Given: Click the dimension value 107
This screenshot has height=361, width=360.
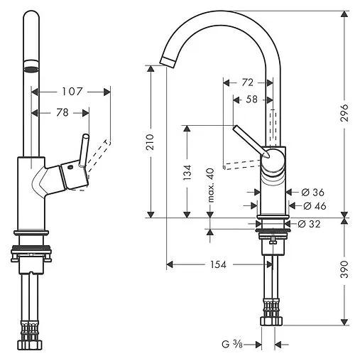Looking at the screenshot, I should (x=73, y=91).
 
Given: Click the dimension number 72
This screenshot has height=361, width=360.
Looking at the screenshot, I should (x=246, y=82).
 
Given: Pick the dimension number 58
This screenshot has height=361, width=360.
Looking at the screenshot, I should (x=251, y=100).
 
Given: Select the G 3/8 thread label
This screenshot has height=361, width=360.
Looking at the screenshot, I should (x=232, y=345).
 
